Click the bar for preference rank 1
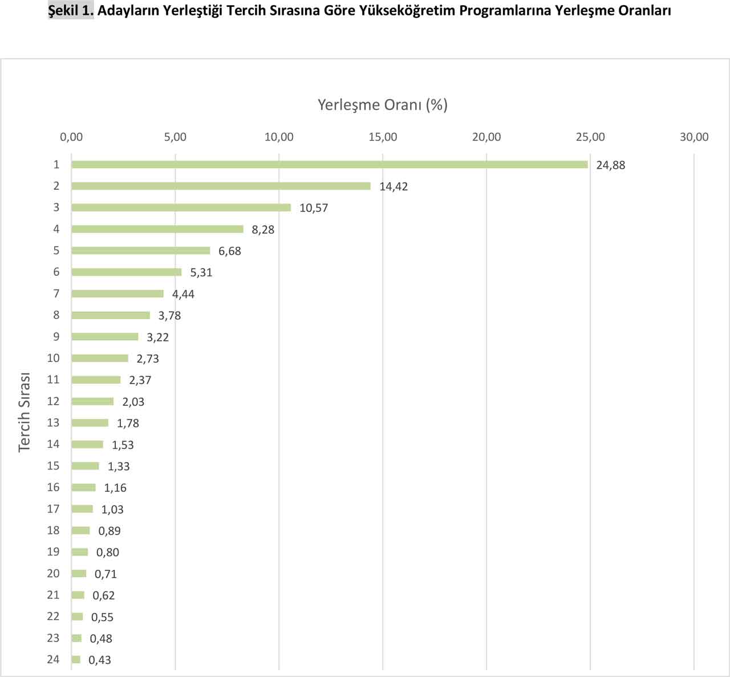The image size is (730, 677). coord(329,165)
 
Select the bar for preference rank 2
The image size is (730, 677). coord(221,186)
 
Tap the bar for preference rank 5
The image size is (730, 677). coord(140,251)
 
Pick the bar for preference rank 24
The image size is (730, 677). coord(76,660)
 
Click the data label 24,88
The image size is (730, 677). coord(610,165)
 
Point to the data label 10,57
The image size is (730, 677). coord(314,208)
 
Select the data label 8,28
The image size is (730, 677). coord(263,230)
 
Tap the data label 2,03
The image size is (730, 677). coord(133,402)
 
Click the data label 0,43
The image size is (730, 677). coord(100,660)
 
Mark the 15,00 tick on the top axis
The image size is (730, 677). coord(383,137)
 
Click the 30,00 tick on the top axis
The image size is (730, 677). coord(693,137)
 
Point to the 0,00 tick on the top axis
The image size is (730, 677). coord(71,137)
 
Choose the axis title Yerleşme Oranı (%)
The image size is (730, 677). coord(382,105)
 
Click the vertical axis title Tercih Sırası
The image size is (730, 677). coord(24,412)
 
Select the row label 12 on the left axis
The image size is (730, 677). coord(53,401)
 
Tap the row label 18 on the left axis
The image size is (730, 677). coord(53,531)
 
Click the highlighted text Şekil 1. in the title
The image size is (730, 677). coord(71,10)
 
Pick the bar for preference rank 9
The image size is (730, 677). coord(105,337)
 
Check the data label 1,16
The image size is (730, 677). coord(115,488)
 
